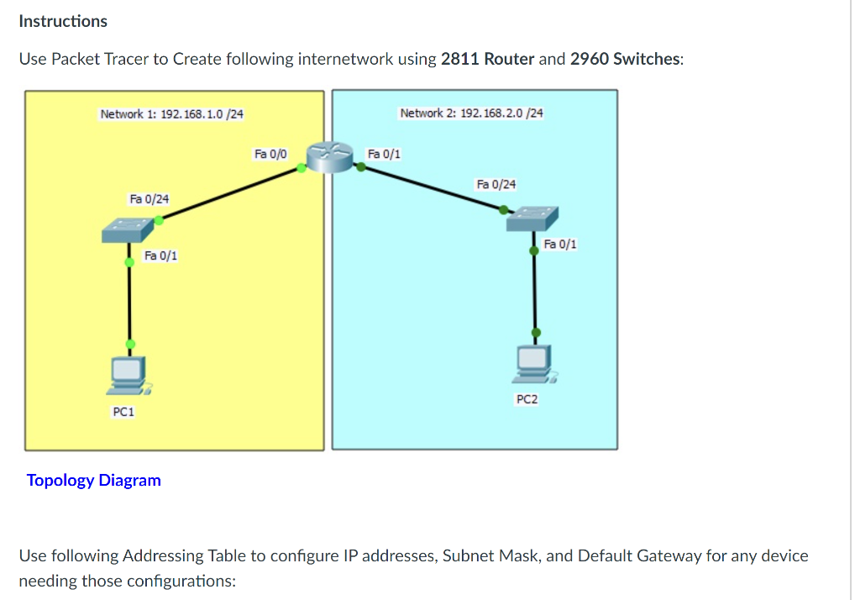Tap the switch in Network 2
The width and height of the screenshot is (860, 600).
point(532,219)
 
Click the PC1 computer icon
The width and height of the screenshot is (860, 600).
point(128,376)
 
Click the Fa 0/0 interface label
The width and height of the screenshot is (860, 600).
point(270,154)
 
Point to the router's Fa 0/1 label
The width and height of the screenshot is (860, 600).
point(384,154)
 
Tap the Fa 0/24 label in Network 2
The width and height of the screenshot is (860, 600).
point(496,184)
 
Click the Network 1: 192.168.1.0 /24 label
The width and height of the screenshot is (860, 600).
point(171,113)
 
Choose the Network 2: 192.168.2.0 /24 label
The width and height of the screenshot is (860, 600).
point(471,113)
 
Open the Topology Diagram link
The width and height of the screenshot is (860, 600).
point(93,481)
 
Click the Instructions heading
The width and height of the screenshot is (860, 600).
point(63,21)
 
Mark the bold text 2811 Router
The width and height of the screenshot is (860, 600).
point(487,59)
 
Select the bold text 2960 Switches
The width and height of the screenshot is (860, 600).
point(626,59)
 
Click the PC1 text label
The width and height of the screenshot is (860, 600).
point(123,412)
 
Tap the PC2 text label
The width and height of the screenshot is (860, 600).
point(527,399)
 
